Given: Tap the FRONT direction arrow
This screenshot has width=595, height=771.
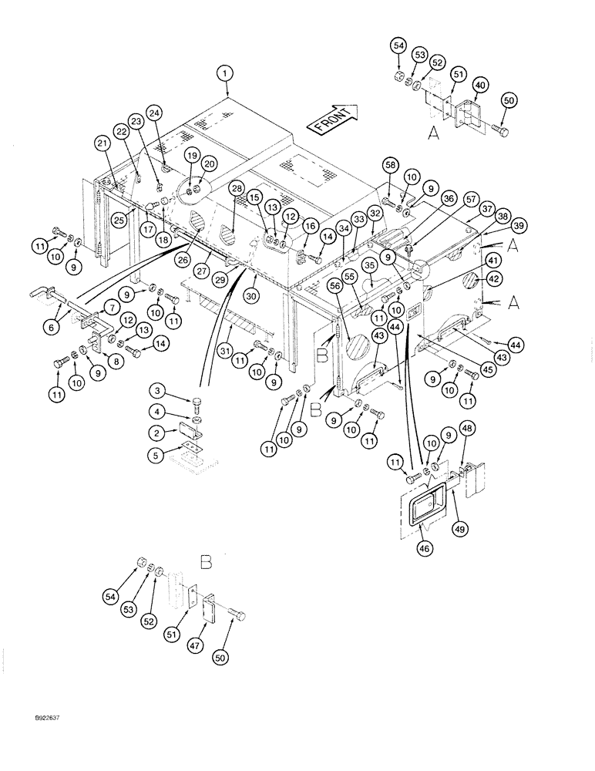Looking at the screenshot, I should point(331,118).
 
